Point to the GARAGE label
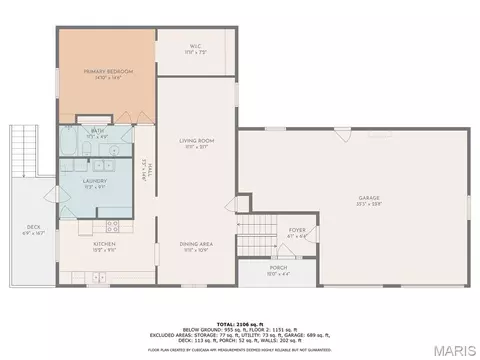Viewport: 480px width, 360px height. [x=369, y=198]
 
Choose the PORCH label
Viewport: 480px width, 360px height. [x=279, y=269]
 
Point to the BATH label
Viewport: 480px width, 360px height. [x=97, y=132]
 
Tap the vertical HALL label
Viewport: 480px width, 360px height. [x=146, y=173]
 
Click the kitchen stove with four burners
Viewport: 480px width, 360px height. [x=113, y=225]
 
